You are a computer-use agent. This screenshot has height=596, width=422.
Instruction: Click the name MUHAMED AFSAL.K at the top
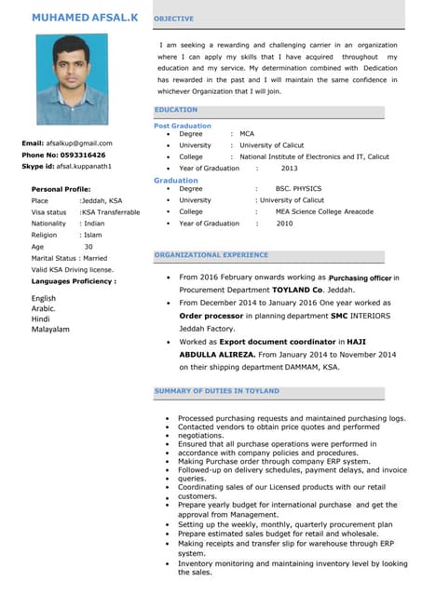click(84, 18)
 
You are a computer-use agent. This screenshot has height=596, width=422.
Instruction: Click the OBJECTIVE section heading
click(174, 19)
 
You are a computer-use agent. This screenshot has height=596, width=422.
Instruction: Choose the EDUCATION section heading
click(176, 110)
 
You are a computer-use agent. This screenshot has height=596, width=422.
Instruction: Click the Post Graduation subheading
click(183, 126)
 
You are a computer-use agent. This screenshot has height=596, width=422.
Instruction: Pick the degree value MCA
click(247, 134)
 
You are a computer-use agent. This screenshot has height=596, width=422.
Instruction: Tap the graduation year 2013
click(289, 169)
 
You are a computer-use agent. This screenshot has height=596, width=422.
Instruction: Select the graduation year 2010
click(284, 223)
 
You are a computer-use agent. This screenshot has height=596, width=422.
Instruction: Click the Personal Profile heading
click(61, 189)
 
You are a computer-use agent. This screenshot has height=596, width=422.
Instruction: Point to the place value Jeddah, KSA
click(102, 200)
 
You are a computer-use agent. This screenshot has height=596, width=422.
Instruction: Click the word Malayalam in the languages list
click(50, 329)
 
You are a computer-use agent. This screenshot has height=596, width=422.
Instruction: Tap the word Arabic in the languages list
click(44, 308)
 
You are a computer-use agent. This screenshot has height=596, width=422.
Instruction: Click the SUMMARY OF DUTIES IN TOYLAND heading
click(216, 391)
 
